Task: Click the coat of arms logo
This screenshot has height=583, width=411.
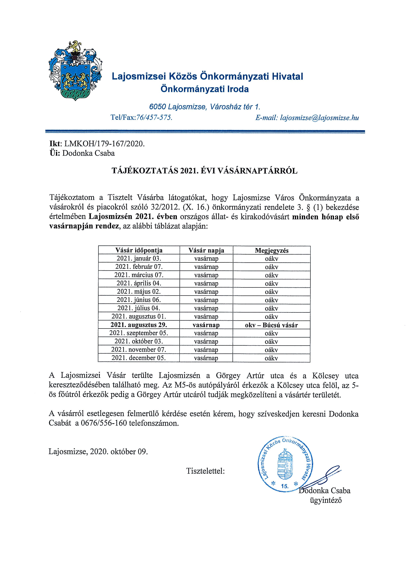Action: pos(75,70)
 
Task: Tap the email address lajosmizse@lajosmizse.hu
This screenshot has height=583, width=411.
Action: pos(319,118)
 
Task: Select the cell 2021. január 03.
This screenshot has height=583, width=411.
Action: pos(139,259)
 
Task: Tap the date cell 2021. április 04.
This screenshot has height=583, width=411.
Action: pos(139,283)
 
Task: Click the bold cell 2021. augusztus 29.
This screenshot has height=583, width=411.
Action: pos(139,325)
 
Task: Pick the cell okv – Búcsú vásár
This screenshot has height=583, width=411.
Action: pos(271,325)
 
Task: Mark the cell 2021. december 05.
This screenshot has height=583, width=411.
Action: pos(139,358)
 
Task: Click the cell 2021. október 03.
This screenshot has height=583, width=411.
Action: pos(139,341)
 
